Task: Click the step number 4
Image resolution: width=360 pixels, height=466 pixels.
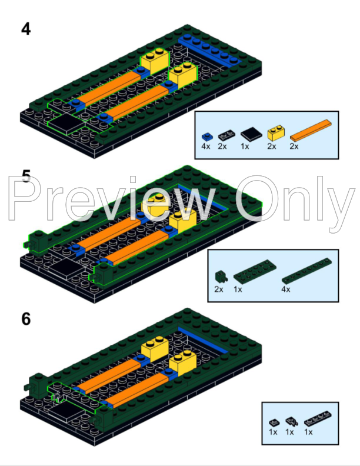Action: tap(26, 29)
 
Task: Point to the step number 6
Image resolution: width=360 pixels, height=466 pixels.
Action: tap(26, 319)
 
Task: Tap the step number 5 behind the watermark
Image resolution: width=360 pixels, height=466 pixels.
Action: tap(26, 177)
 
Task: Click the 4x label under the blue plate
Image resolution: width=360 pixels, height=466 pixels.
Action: tap(206, 146)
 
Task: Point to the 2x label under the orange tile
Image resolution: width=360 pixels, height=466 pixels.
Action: tap(294, 146)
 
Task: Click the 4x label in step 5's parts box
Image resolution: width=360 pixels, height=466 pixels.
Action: tap(286, 289)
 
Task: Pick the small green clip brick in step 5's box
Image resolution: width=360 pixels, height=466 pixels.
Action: tap(220, 275)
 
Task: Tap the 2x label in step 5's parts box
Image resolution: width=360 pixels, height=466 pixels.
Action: tap(219, 289)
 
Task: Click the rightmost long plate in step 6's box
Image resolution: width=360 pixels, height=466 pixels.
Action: tap(315, 422)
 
